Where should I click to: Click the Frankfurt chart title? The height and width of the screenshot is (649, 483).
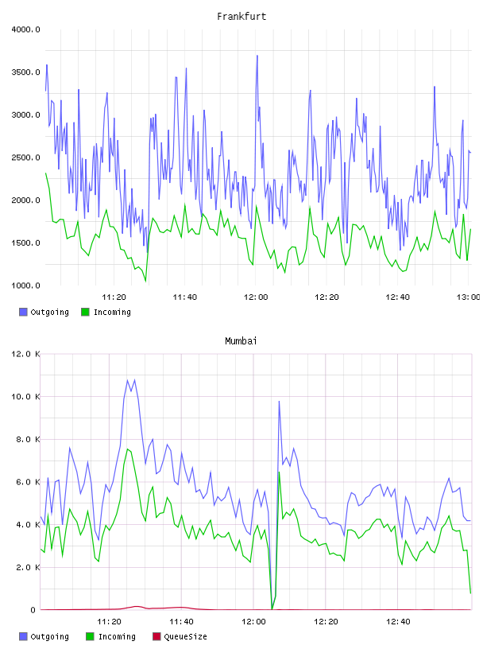(241, 17)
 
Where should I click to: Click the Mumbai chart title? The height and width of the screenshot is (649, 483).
(241, 341)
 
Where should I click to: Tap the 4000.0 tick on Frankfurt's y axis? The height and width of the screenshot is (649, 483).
(25, 29)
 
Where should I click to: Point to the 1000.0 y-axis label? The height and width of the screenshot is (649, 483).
(25, 286)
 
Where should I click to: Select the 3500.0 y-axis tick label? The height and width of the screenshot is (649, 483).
(25, 72)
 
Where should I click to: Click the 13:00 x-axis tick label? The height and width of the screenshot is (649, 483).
(468, 297)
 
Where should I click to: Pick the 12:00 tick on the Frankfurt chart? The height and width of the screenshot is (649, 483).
(256, 297)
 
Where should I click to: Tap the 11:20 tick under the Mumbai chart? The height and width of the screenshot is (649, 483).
(109, 622)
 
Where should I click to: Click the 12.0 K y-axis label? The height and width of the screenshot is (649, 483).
(25, 354)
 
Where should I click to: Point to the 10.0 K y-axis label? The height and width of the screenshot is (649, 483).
(25, 397)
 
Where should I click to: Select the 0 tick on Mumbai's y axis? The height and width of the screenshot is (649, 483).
(33, 610)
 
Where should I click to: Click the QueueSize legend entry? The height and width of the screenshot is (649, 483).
(180, 636)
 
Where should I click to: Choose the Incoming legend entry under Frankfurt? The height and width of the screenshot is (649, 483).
(106, 312)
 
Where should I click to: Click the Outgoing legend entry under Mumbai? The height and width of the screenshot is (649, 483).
(44, 636)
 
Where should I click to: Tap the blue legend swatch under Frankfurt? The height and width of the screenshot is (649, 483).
(23, 312)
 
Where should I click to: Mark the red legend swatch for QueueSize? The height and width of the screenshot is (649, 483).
(156, 636)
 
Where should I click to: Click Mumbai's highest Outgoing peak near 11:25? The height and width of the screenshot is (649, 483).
(127, 379)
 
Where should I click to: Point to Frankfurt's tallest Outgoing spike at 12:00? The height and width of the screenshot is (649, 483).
(257, 56)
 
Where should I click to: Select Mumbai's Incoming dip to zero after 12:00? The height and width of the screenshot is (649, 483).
(272, 609)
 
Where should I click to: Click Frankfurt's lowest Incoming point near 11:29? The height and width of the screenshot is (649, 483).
(145, 282)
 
